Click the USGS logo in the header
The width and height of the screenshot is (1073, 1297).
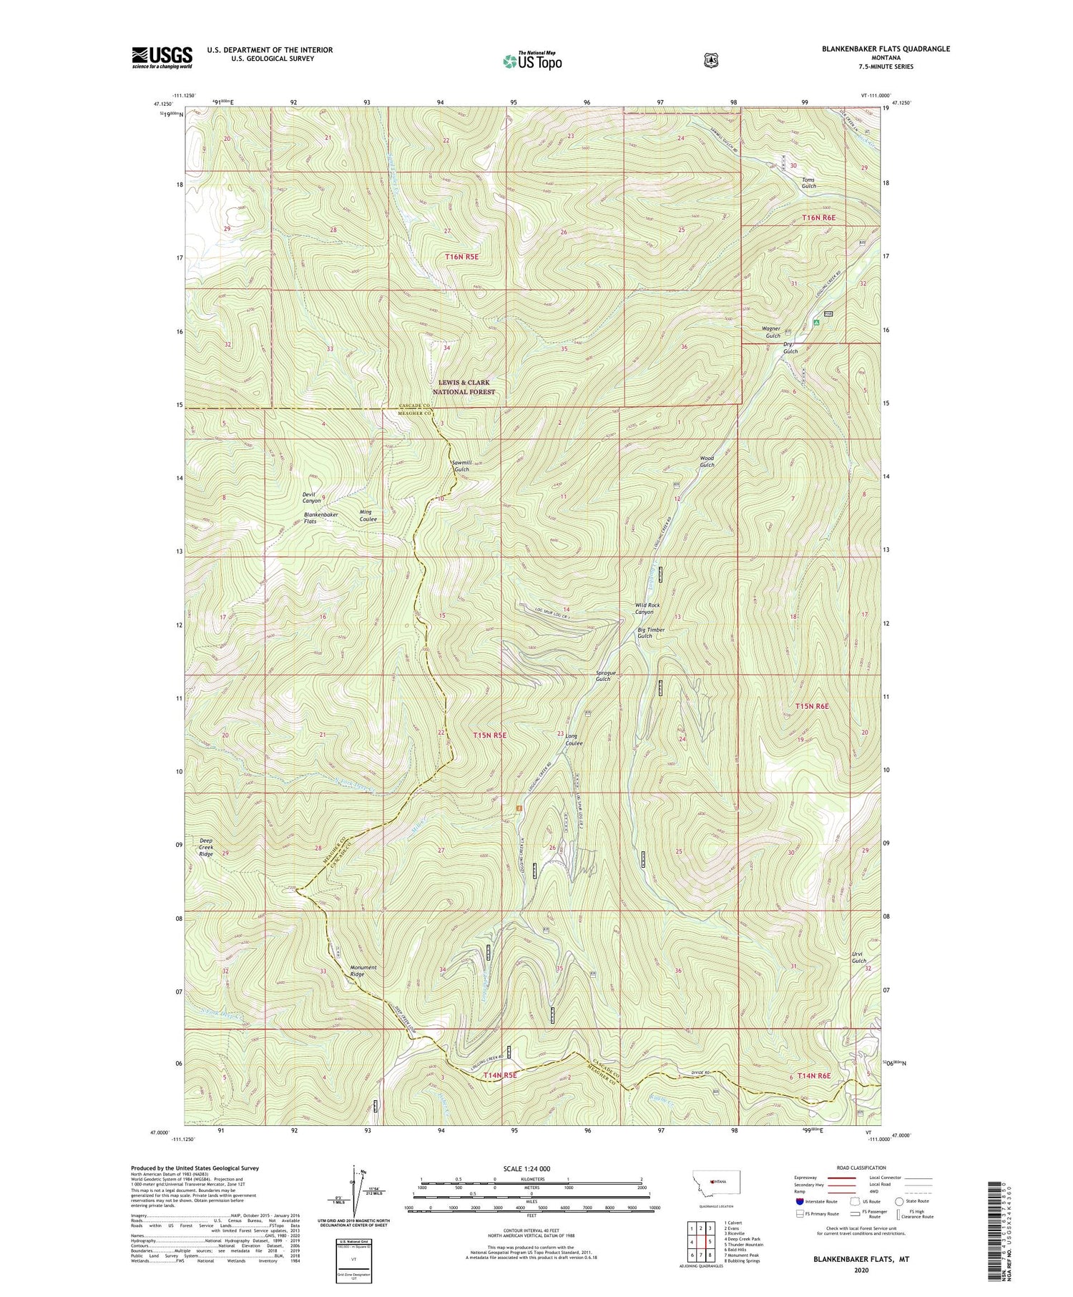[x=162, y=57]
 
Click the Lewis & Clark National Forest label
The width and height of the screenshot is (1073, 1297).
[x=464, y=387]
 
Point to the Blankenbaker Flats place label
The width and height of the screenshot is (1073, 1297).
[x=320, y=518]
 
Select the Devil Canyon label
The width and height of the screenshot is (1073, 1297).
[x=311, y=497]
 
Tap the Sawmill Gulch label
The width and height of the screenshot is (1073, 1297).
[x=461, y=466]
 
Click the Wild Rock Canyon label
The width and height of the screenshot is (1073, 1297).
[x=647, y=608]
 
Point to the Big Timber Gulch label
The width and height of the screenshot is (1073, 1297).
[x=651, y=632]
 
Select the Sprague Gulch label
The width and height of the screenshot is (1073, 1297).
[x=603, y=675]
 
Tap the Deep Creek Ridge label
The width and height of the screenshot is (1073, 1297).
[x=205, y=847]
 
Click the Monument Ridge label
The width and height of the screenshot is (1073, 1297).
[x=363, y=971]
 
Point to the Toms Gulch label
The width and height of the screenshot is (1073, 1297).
[x=808, y=182]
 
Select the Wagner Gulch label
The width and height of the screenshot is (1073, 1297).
[x=773, y=332]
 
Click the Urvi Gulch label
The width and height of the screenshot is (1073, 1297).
[x=858, y=957]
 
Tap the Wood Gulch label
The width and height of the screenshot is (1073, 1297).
[x=707, y=461]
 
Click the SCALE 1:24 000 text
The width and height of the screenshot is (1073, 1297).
[x=531, y=1168]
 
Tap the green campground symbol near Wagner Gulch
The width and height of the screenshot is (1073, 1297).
[x=816, y=322]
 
